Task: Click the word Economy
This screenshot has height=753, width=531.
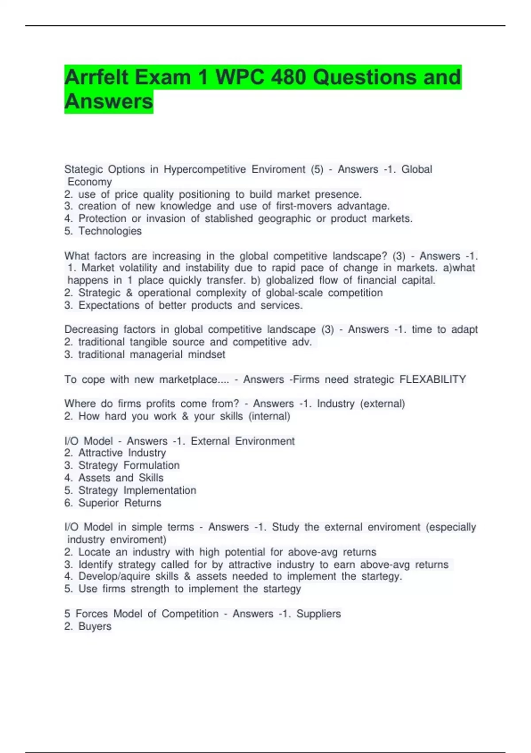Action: coord(90,182)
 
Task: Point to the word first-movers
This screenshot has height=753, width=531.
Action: coord(304,206)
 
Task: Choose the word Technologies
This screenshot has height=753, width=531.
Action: coord(110,231)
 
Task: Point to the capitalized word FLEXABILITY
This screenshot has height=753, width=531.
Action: coord(432,379)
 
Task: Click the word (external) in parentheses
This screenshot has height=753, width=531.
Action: coord(383,404)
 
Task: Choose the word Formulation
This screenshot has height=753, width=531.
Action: coord(151,465)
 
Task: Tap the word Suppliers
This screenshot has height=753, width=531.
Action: coord(319,613)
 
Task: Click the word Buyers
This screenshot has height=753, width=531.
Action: coord(95,626)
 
